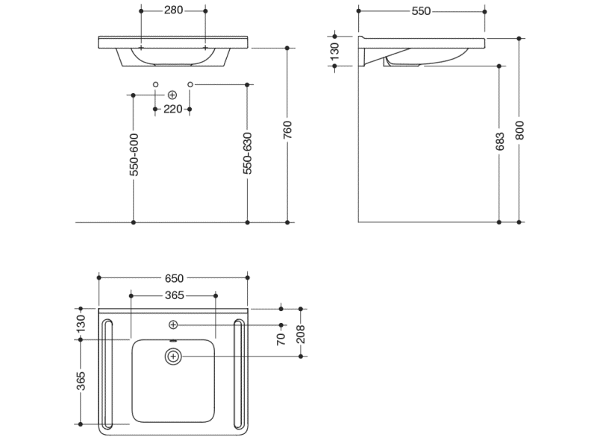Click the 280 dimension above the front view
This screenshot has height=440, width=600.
(x=173, y=10)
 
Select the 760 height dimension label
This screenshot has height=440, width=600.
(x=287, y=130)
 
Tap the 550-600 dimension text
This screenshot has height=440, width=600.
(x=134, y=154)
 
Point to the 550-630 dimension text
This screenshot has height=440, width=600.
(x=248, y=154)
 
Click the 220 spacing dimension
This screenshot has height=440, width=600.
(x=172, y=110)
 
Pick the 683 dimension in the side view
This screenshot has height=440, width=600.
(x=500, y=142)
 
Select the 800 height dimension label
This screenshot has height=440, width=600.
(x=519, y=131)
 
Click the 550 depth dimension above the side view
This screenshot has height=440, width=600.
(x=421, y=11)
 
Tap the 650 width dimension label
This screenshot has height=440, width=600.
(x=174, y=278)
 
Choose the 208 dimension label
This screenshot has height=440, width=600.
(x=301, y=334)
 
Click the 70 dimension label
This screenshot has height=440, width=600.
(x=281, y=339)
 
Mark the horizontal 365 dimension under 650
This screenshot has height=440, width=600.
(x=175, y=295)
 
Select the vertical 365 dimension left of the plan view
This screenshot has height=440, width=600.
(x=81, y=381)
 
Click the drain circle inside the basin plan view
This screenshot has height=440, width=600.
(x=173, y=356)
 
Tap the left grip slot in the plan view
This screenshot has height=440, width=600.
(x=108, y=374)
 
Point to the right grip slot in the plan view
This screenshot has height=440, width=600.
(x=239, y=374)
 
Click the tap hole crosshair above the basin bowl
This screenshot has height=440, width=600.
(x=173, y=325)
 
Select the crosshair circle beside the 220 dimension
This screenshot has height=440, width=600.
(x=172, y=95)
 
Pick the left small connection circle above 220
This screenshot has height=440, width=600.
(x=155, y=84)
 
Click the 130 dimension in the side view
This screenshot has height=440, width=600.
(x=334, y=51)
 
